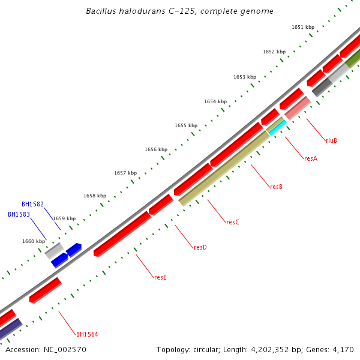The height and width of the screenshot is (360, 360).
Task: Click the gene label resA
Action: click(311, 158)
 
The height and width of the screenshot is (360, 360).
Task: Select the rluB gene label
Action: click(331, 140)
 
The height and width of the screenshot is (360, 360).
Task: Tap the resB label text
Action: click(276, 187)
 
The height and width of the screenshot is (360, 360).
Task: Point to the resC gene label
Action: click(233, 222)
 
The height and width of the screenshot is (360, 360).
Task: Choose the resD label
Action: click(200, 247)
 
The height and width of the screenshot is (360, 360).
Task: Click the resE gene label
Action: click(160, 277)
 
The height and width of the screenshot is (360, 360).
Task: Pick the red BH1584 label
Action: click(87, 334)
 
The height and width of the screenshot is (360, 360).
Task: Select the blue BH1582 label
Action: click(32, 204)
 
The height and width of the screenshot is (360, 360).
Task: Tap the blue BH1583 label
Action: click(19, 214)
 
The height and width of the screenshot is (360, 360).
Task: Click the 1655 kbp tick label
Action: click(186, 125)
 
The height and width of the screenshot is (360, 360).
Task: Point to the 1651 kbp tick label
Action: click(303, 27)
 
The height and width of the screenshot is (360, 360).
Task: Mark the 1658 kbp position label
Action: click(95, 196)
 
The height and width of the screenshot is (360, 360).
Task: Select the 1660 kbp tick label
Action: click(34, 241)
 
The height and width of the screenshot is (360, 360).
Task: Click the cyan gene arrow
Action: click(276, 127)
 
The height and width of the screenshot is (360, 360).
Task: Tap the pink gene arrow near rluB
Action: click(298, 108)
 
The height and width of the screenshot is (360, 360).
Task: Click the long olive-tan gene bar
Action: click(224, 169)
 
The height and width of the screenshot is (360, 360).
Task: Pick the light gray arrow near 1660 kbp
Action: click(55, 250)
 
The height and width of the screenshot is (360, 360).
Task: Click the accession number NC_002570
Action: click(46, 349)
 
